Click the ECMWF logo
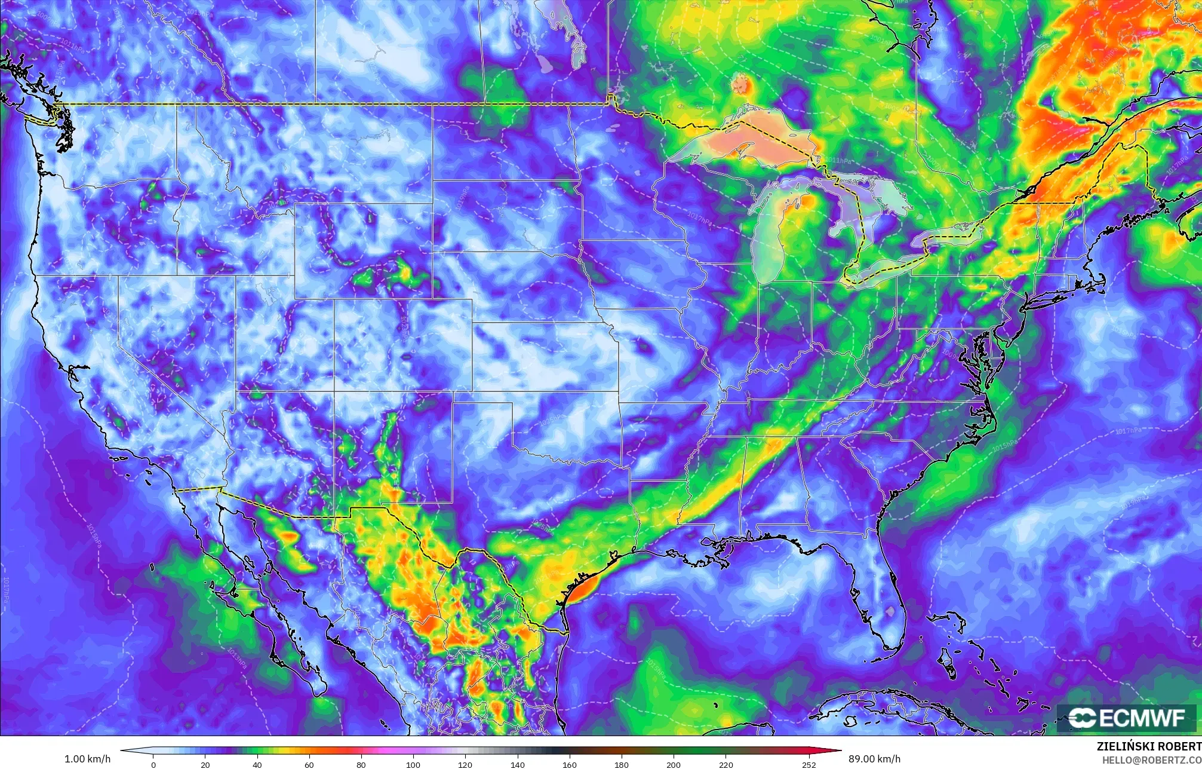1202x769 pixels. point(1126,718)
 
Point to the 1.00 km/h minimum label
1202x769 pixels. point(87,759)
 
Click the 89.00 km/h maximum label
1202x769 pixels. point(874,759)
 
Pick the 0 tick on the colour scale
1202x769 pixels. point(153,764)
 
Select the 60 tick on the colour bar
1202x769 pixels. point(309,764)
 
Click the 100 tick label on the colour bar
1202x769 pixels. point(413,764)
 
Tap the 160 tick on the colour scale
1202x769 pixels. point(570,764)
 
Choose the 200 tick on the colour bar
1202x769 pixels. point(674,764)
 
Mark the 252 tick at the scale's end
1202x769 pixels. point(808,764)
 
